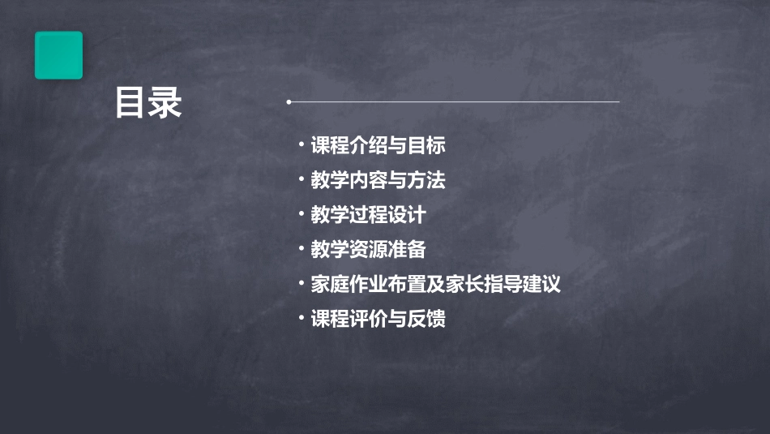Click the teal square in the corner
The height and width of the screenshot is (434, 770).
click(58, 55)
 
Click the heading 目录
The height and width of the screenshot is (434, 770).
click(148, 103)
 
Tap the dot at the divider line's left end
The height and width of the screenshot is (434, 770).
click(289, 102)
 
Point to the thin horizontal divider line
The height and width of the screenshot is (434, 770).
click(454, 102)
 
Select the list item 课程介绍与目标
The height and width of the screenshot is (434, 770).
click(378, 146)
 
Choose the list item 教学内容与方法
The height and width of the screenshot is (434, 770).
click(378, 180)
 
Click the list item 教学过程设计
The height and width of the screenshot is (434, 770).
click(368, 215)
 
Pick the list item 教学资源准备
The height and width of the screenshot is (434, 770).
click(368, 250)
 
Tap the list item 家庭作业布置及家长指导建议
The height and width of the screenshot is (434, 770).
click(435, 285)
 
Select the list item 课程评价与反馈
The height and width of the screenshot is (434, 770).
click(378, 319)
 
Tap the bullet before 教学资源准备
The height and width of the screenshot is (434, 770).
click(302, 248)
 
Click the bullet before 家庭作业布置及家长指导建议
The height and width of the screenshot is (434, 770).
click(302, 283)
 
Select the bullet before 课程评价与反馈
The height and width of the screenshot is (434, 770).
click(302, 317)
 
